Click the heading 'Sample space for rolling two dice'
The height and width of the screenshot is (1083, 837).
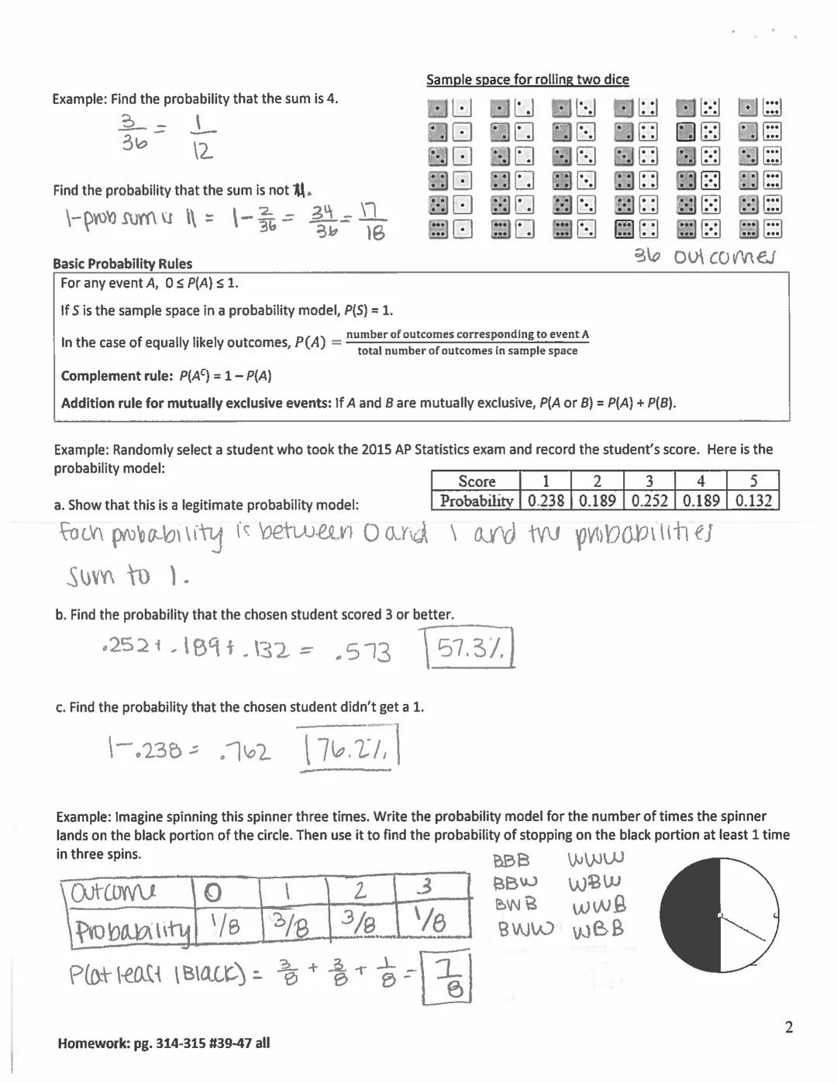[527, 80]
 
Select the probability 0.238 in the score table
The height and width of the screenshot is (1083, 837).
[546, 501]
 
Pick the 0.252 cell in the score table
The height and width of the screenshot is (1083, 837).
[649, 501]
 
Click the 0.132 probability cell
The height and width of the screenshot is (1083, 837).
[753, 501]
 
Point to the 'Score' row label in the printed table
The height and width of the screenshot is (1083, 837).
[476, 481]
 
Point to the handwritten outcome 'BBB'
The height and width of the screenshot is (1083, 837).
[511, 861]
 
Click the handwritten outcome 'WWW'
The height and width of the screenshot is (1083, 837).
[595, 860]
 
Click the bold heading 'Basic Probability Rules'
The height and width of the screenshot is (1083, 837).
[122, 264]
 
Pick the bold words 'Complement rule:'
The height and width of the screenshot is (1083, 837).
[117, 376]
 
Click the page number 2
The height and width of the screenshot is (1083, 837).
[789, 1027]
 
